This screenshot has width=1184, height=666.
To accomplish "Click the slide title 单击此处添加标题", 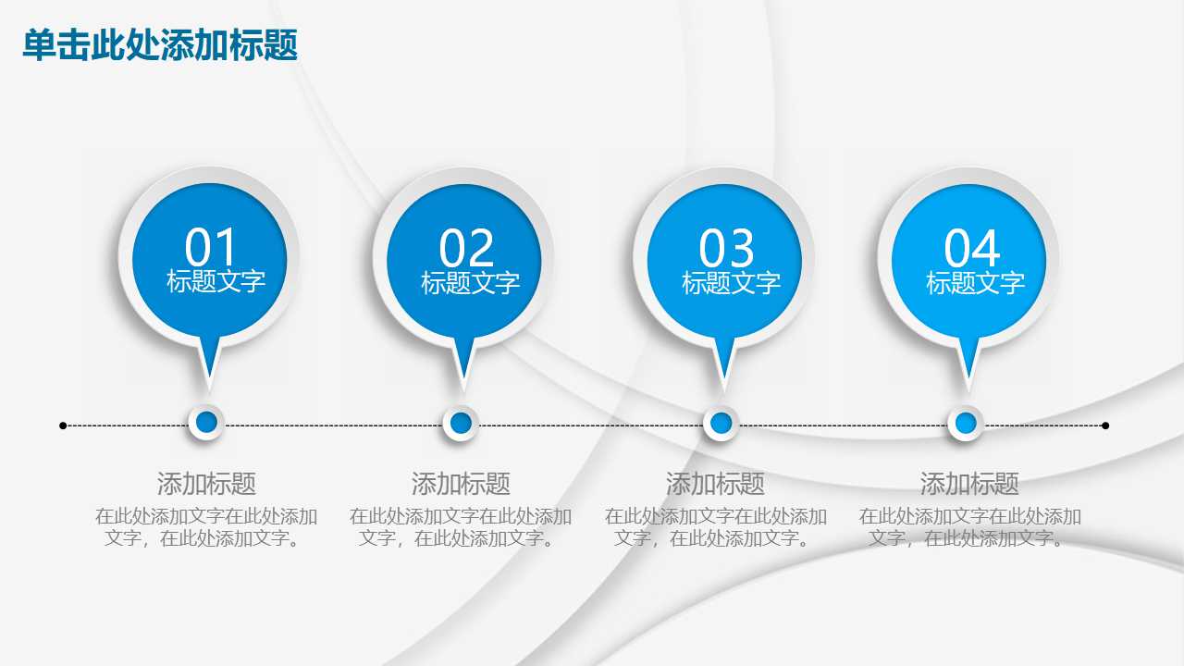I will (x=160, y=44).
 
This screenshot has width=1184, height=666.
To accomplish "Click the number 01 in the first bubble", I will (x=212, y=247).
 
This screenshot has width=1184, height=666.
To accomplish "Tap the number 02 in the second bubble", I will (x=467, y=248).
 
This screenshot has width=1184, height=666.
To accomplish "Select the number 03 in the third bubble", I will (x=727, y=248).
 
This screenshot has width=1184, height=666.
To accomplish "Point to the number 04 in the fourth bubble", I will (x=972, y=248).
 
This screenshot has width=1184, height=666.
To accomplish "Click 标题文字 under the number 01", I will (x=216, y=281).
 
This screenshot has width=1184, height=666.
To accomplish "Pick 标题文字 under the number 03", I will (x=731, y=283).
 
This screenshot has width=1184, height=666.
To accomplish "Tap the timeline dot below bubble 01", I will (x=206, y=423).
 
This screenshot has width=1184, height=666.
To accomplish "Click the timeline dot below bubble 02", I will (x=461, y=424).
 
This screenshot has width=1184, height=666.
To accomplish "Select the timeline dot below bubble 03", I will (x=721, y=424).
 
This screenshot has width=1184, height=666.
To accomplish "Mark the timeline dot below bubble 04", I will (x=966, y=424).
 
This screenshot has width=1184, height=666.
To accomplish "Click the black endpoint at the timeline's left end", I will (x=63, y=425).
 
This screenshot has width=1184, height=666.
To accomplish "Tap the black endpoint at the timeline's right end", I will (x=1105, y=425).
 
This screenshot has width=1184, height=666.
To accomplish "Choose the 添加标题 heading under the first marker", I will (x=206, y=483).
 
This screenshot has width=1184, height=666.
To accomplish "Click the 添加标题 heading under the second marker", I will (x=461, y=483).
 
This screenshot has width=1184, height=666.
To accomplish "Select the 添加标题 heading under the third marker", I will (x=715, y=483).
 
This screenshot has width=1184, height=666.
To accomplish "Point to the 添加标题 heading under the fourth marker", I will (x=969, y=483).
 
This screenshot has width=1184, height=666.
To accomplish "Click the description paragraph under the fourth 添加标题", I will (x=969, y=527).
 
